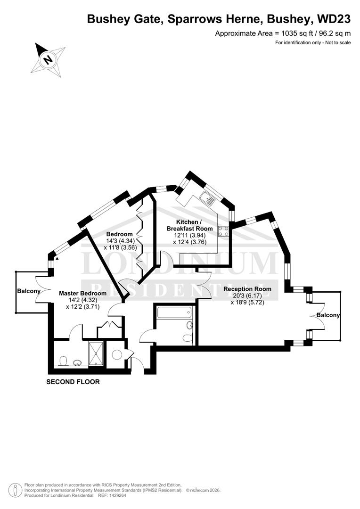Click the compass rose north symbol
47,59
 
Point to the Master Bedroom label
82,293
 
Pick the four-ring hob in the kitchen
223,231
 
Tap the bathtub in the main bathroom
174,312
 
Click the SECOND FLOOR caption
73,382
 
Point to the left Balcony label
29,291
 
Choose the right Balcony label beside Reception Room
328,315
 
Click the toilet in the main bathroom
187,338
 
